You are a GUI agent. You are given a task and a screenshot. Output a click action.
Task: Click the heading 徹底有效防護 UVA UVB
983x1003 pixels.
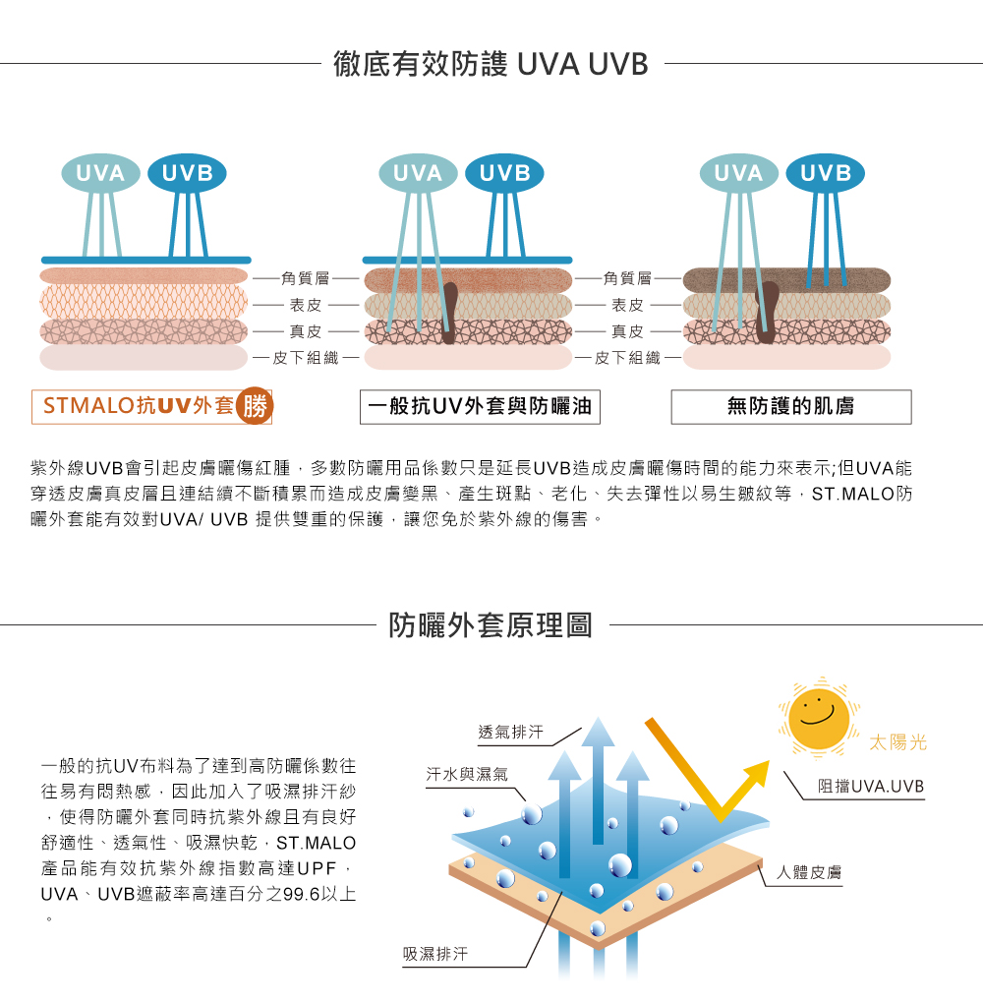(491, 65)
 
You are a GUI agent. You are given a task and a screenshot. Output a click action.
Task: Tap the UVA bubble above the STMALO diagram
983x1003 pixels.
(101, 174)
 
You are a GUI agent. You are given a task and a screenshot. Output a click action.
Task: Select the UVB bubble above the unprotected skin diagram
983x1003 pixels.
(826, 174)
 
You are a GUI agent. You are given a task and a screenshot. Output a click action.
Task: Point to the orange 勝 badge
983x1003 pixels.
(255, 405)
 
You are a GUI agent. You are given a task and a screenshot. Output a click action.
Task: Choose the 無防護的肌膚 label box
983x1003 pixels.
(791, 406)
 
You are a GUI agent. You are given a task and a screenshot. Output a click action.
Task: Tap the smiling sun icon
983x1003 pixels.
(818, 716)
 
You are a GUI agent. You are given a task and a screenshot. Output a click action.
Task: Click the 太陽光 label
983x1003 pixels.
(897, 743)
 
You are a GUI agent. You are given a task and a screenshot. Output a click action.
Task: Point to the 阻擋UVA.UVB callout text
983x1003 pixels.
(871, 788)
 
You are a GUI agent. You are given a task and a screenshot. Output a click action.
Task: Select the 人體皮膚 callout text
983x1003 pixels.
(808, 872)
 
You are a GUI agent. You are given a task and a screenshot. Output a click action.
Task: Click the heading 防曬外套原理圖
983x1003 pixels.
(491, 624)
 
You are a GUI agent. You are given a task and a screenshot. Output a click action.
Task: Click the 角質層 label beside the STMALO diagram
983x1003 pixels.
(305, 280)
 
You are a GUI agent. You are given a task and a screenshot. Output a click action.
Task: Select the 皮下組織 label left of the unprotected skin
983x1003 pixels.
(628, 358)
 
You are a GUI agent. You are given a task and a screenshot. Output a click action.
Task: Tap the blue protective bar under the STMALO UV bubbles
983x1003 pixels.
(139, 260)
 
